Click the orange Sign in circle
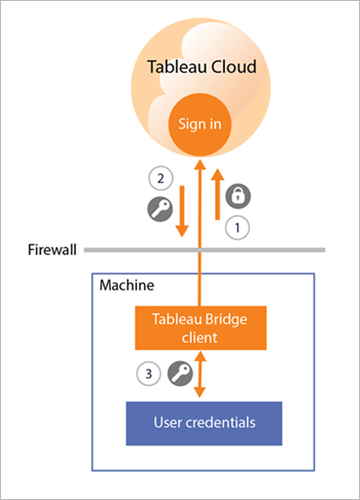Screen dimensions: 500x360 pos(198,124)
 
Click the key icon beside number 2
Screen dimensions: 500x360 pos(158,208)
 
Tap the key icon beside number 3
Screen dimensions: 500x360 pos(177,371)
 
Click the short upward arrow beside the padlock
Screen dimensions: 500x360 pos(218,199)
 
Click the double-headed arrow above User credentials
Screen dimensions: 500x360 pos(198,375)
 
